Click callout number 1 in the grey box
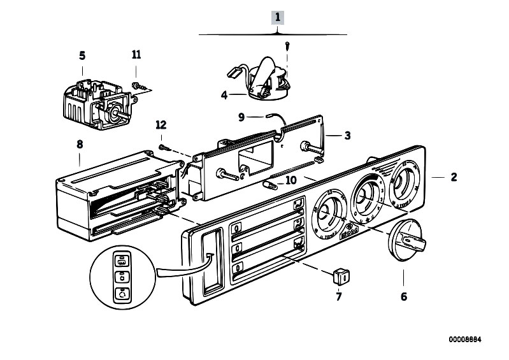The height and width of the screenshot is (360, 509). (277, 17)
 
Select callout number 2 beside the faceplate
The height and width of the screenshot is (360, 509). (453, 177)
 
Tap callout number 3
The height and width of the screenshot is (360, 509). (347, 135)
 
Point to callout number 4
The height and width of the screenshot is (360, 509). (224, 96)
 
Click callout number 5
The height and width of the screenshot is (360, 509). (82, 55)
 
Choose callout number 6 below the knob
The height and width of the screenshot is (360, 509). (403, 296)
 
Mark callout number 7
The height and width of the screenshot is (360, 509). (338, 296)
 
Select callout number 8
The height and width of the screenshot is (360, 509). (80, 145)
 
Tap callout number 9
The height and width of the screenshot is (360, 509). (241, 117)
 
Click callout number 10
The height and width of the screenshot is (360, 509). (290, 180)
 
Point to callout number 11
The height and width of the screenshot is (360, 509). (135, 55)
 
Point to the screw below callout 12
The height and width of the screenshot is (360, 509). (164, 147)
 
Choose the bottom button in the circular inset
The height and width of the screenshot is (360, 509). (122, 294)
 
